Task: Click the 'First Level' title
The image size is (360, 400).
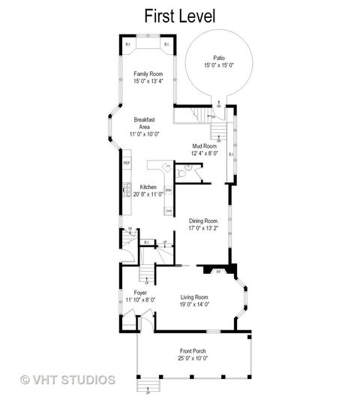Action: pos(180,15)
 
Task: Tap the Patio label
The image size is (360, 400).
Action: pos(218,58)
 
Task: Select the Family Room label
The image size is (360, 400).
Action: pos(148,74)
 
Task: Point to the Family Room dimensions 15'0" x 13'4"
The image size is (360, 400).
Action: pos(148,81)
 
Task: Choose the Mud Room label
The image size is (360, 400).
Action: pos(204,146)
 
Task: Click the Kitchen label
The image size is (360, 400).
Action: pos(148,186)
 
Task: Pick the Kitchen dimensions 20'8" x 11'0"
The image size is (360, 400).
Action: pos(148,194)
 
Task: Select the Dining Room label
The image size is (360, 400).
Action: pos(203,221)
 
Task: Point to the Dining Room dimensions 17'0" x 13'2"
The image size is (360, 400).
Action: pos(203,228)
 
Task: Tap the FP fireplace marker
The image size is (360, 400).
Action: pos(218,272)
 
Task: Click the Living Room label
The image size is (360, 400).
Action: pos(194,297)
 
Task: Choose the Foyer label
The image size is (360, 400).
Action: pos(140,292)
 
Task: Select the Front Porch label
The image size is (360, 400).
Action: pos(193,351)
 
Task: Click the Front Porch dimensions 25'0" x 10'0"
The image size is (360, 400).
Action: pos(193,359)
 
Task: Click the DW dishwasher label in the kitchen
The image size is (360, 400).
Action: pos(167,191)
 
